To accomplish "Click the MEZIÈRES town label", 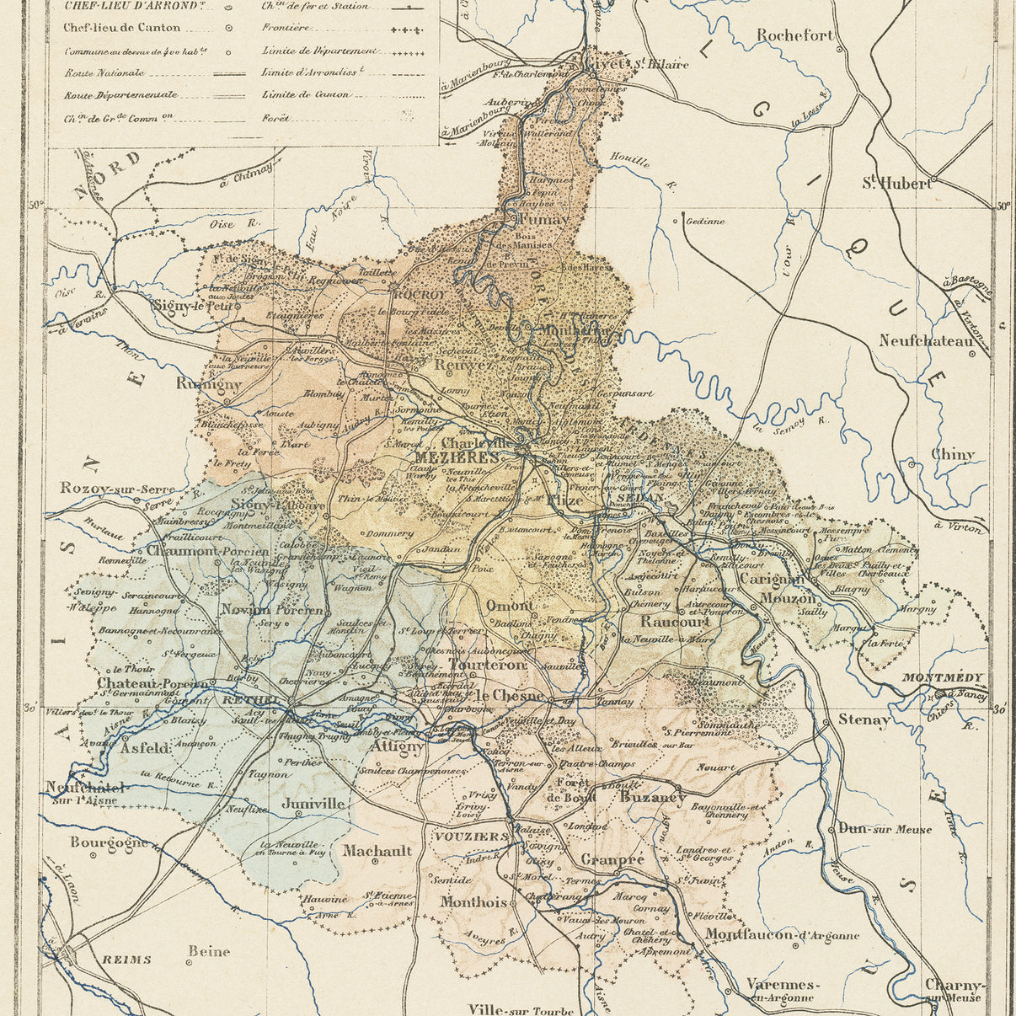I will pos(457,457).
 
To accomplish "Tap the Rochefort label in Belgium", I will pos(794,35).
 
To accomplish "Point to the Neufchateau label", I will pos(926,341).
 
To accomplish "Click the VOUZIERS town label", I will pos(472,837).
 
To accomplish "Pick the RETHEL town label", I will pos(251,699).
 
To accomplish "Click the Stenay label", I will pos(864,720).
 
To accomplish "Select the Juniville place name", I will pos(313,804).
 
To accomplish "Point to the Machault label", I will pos(377,851).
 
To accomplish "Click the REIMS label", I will pos(126,959).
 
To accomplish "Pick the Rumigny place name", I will pos(209,383).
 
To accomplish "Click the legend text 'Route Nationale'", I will pos(104,73).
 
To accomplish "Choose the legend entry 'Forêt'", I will pos(275,119).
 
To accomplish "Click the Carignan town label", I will pos(770,580).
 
